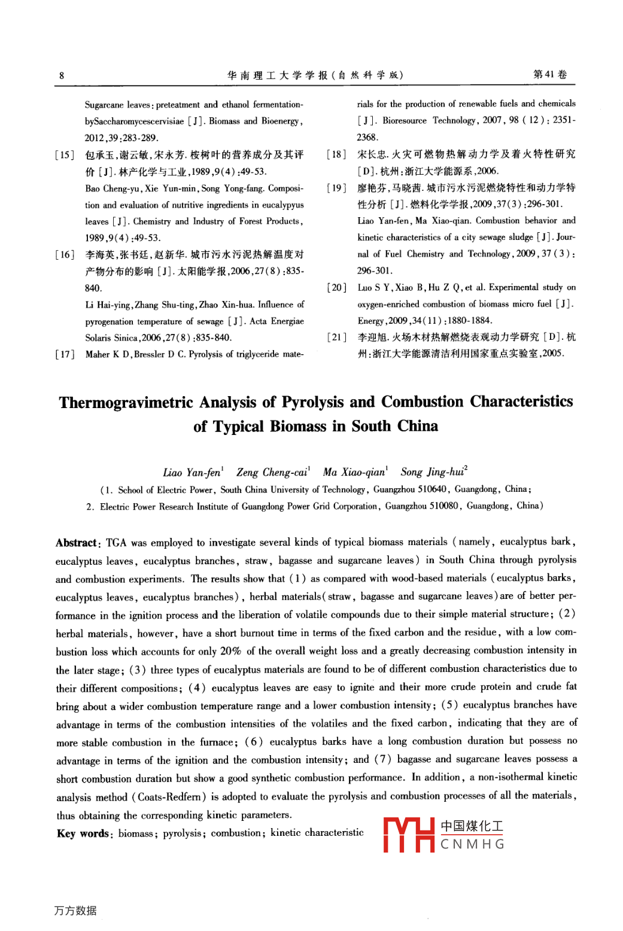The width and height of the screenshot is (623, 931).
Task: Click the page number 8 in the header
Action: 62,75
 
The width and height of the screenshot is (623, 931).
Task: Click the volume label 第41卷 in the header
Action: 549,74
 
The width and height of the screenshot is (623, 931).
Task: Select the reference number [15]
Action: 65,155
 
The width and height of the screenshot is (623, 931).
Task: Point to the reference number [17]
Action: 65,354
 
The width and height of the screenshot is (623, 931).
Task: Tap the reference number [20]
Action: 337,287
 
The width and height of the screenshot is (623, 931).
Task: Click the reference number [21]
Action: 337,337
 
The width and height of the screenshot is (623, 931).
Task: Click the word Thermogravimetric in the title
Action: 126,402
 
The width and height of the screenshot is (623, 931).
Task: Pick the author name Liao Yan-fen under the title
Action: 192,472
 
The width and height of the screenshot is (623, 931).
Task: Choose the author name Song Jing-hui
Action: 433,471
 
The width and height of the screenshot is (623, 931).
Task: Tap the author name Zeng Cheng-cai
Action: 272,472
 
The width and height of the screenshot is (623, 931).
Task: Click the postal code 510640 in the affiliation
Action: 431,489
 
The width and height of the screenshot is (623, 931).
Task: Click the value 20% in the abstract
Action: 230,651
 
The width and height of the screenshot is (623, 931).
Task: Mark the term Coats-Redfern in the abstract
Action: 172,797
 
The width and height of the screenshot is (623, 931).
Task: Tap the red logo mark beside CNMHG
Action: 409,834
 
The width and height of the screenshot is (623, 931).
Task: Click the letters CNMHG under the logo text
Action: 472,844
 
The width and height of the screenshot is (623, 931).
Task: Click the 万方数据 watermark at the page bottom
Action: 75,910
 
